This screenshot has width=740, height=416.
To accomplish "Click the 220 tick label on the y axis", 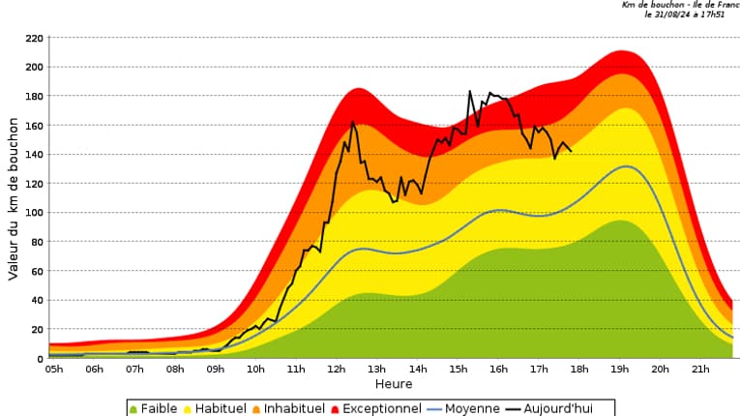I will [x=34, y=38].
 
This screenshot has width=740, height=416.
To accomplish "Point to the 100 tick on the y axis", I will [x=34, y=213].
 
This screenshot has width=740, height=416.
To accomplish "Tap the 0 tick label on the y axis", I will [x=40, y=358].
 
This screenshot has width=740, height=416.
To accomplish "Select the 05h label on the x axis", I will [x=54, y=369].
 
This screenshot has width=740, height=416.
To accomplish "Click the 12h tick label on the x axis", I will [x=337, y=369].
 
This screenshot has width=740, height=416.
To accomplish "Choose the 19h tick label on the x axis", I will [x=619, y=369].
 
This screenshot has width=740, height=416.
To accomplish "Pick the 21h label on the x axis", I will [x=700, y=369].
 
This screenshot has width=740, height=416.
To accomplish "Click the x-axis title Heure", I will [x=394, y=384].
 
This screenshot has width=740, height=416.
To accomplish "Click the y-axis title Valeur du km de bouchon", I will [x=14, y=198].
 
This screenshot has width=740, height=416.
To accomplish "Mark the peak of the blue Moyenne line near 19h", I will [x=627, y=166].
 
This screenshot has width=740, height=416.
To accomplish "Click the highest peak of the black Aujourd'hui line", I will [x=470, y=92].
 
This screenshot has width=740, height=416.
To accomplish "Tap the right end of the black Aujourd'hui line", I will [x=571, y=151].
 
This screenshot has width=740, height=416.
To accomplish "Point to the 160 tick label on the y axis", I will [x=34, y=126].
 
